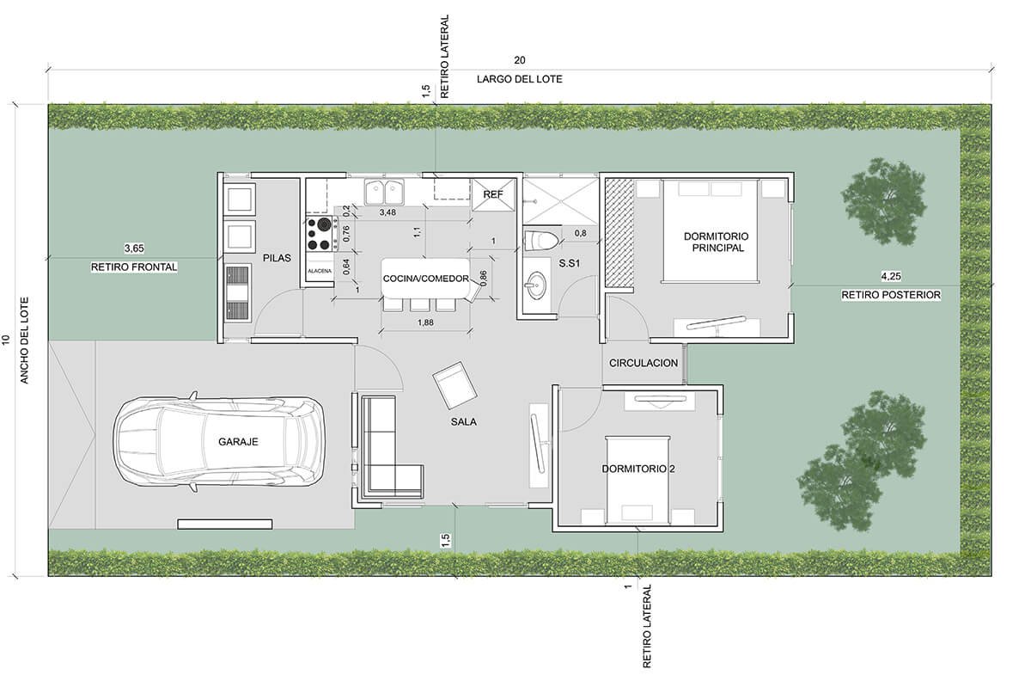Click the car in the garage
coord(220,441)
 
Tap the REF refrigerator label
coord(493,195)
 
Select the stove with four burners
coord(320,235)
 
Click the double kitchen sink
coord(384,192)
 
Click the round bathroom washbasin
coord(536,285)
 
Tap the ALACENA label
coord(320,271)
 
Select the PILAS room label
coord(277,258)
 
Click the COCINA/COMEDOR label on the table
coord(426,279)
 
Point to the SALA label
coord(463,421)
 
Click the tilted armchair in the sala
coord(454,385)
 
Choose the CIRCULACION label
coord(644,363)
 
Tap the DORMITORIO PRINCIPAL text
coord(717,242)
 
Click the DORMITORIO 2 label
coord(638,469)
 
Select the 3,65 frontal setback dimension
coord(134,248)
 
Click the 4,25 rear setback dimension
coord(891,276)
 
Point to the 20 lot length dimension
coord(520,60)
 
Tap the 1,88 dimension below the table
coord(425,322)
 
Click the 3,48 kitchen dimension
coord(387,213)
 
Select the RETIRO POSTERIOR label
coord(891,295)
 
